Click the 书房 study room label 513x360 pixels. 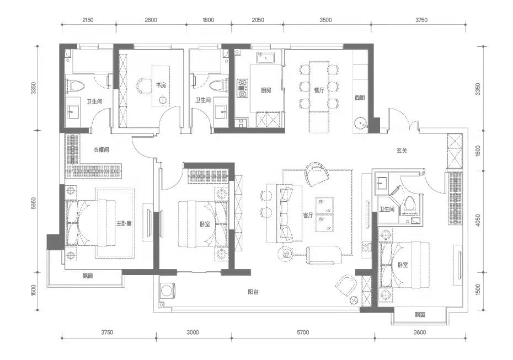click(x=161, y=85)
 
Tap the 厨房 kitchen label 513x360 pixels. click(x=266, y=90)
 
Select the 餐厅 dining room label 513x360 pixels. click(x=319, y=90)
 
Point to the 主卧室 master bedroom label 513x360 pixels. click(x=124, y=224)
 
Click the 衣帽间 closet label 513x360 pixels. click(x=101, y=150)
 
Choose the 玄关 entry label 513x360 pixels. click(x=402, y=151)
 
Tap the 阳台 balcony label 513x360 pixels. click(x=253, y=292)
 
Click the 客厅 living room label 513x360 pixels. click(x=308, y=215)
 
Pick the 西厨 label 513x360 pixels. click(x=360, y=98)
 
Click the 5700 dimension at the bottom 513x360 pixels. click(x=303, y=332)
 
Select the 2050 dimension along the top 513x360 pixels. click(x=258, y=20)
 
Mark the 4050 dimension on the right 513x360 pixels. click(x=478, y=221)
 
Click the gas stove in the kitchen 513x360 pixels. click(x=242, y=88)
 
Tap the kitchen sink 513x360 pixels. click(x=265, y=57)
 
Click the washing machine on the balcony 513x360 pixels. click(x=168, y=291)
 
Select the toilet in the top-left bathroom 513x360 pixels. click(x=76, y=85)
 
